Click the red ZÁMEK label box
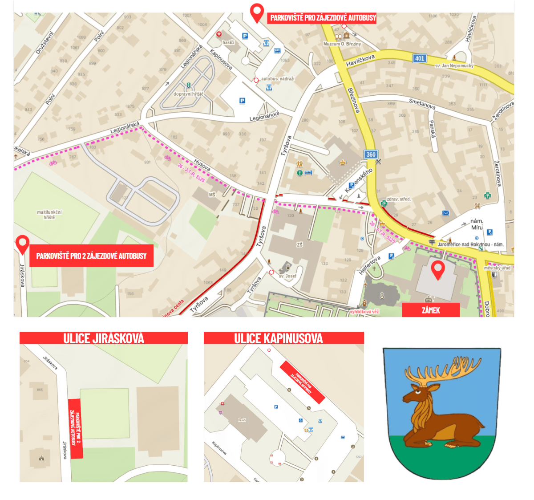point(431,310)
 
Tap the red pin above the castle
point(438,269)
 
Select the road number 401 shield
point(420,58)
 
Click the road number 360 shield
point(371,154)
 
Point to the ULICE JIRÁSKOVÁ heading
point(104,338)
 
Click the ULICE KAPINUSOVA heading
point(279,338)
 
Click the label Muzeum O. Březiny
point(342,44)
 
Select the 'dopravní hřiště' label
point(188,94)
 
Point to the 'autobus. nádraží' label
point(278,79)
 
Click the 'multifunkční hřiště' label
point(49,215)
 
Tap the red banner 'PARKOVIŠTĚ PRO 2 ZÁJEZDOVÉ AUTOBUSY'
point(91,256)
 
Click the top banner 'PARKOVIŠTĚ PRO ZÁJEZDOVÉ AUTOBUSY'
point(323,18)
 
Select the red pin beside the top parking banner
point(257,12)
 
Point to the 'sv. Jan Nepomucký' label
point(454,65)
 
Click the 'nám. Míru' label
point(477,224)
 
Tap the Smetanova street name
point(422,104)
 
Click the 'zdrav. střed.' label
point(399,199)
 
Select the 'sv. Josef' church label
point(287,276)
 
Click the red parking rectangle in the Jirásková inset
point(75,428)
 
